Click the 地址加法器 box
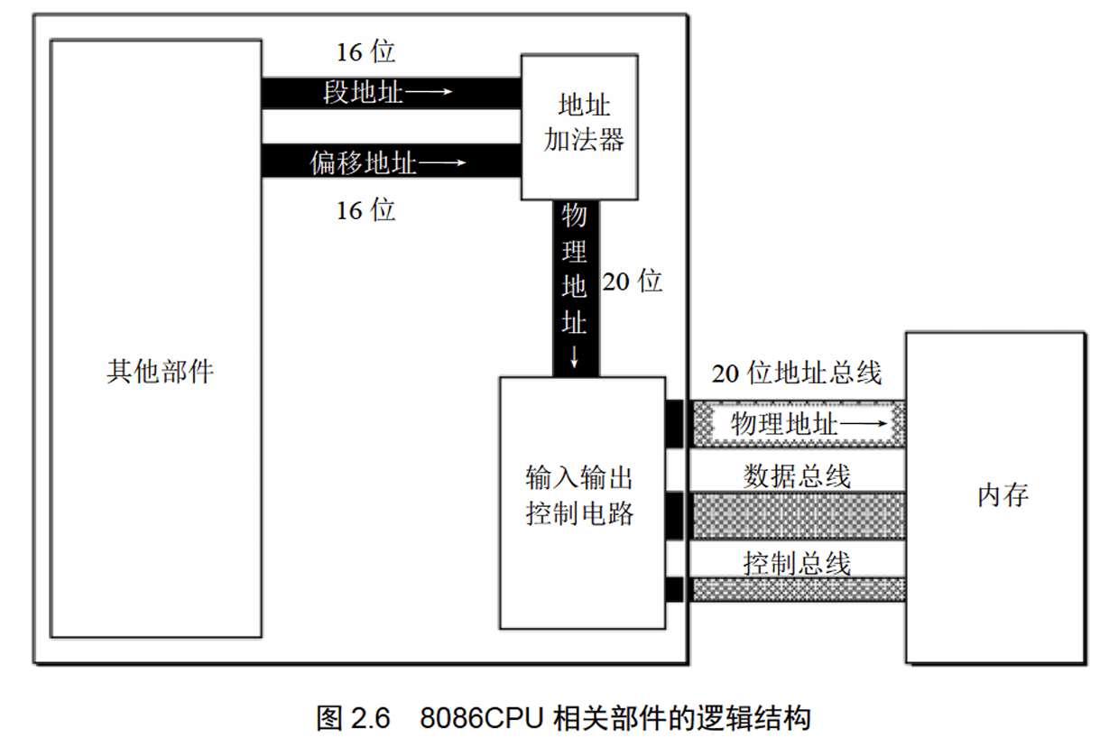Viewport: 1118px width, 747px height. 580,126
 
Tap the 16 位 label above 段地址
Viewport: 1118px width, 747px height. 366,51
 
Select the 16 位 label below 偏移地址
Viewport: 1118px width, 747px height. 366,210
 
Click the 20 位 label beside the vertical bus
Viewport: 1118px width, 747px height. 633,281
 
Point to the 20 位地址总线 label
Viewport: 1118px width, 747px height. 796,373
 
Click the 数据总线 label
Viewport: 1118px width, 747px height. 797,475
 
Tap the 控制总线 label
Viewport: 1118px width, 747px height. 797,563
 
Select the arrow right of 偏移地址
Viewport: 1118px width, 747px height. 443,163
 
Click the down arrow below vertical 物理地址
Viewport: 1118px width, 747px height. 575,360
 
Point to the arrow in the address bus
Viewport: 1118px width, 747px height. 868,424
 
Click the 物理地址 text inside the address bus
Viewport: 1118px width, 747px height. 784,424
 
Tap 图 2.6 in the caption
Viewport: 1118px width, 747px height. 353,718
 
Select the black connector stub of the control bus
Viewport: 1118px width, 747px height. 674,590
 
